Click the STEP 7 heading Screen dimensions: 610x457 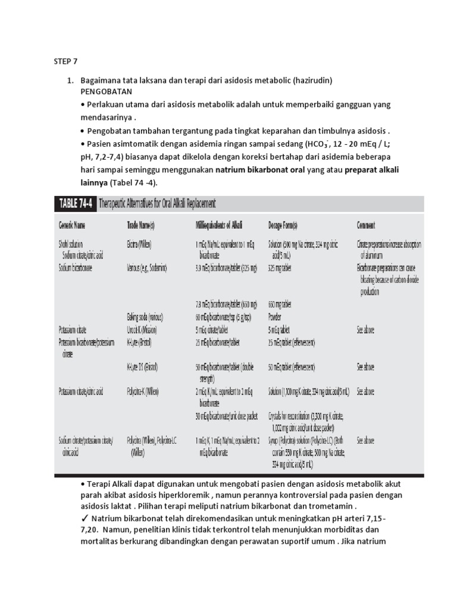[65, 61]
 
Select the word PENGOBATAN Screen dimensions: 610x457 [107, 92]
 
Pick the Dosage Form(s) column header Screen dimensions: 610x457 [290, 225]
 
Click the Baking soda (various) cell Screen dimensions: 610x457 [145, 316]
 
